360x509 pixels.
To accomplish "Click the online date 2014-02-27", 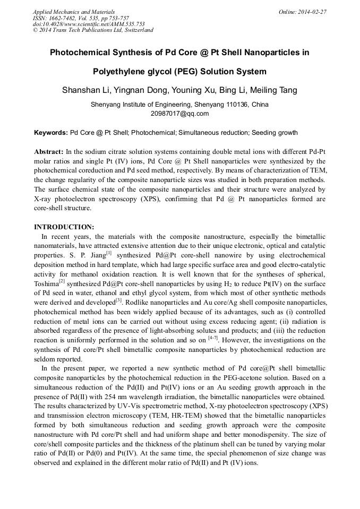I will click(313, 12).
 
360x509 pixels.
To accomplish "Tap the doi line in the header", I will click(89, 24).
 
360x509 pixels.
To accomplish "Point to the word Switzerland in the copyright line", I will click(137, 30).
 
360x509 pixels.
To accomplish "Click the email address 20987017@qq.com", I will click(180, 114).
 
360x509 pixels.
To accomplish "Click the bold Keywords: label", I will click(50, 133).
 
